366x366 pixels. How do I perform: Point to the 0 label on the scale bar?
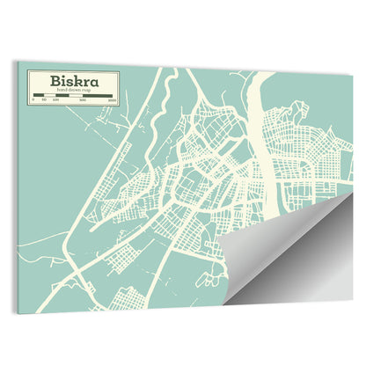pyautogui.click(x=33, y=101)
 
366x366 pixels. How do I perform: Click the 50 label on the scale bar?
pyautogui.click(x=43, y=101)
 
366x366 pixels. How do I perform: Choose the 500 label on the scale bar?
pyautogui.click(x=83, y=101)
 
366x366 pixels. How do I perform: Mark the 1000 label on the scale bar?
pyautogui.click(x=111, y=101)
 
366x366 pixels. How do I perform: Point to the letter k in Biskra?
pyautogui.click(x=76, y=81)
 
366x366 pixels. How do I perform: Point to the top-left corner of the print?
pyautogui.click(x=16, y=62)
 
